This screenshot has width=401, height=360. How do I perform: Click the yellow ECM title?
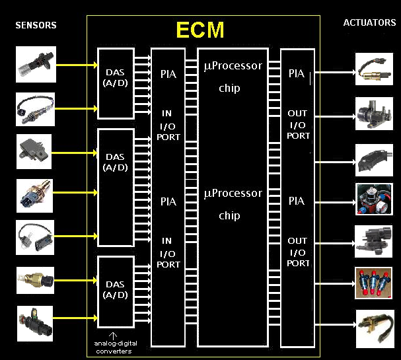(200, 30)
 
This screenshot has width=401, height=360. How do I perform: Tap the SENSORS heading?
(36, 26)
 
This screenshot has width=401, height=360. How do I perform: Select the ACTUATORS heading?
(369, 23)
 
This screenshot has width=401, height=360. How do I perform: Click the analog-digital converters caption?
(114, 347)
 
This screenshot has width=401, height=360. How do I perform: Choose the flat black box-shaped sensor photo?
(35, 149)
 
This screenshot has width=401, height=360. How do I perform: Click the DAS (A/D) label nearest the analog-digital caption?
(116, 290)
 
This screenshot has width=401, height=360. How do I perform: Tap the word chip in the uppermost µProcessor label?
(229, 88)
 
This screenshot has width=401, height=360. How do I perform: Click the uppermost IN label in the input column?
(167, 114)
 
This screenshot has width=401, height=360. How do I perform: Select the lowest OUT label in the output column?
(297, 241)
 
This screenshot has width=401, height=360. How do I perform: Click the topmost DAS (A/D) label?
(116, 77)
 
